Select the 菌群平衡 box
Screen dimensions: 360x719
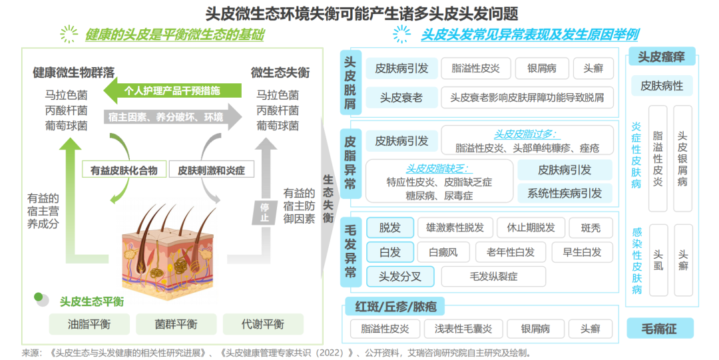point(176,324)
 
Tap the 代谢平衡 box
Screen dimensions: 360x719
point(262,324)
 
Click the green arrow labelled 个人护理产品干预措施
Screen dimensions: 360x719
point(172,90)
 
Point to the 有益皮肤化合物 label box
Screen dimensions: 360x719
point(124,170)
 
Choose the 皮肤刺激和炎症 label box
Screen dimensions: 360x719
point(211,170)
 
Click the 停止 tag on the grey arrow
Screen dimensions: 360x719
point(264,212)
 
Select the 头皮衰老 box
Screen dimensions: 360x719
point(401,98)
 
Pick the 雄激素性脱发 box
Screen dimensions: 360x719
point(455,228)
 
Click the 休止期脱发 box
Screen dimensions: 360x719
point(531,228)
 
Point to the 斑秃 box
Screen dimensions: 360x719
point(591,228)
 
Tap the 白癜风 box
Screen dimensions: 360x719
point(443,252)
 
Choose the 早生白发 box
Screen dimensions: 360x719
point(582,252)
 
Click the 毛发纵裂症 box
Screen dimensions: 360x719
point(493,276)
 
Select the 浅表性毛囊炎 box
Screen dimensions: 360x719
point(463,329)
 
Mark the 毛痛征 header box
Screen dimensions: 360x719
point(660,328)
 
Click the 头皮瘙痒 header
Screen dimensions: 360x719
point(661,57)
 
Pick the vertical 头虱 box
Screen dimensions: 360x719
point(658,260)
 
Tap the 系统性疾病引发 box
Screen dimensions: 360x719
point(565,193)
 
